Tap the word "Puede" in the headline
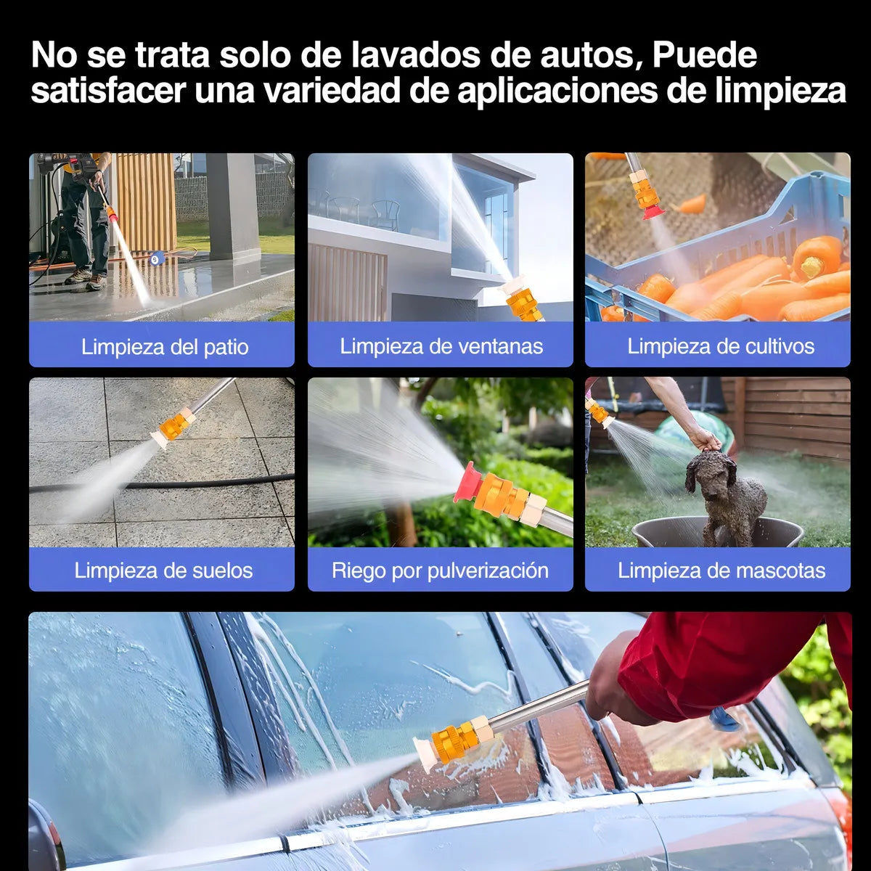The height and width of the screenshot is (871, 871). (704, 55)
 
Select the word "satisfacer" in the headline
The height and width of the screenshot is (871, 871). (108, 91)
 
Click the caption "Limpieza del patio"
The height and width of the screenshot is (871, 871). (165, 347)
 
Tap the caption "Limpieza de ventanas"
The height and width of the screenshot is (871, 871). (441, 346)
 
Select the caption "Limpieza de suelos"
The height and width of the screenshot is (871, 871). (163, 570)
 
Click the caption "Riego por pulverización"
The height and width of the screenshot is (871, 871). (441, 571)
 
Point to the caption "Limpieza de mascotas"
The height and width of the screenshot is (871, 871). (721, 570)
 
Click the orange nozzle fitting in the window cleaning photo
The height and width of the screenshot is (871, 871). (523, 304)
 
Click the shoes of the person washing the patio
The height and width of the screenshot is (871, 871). (86, 278)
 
